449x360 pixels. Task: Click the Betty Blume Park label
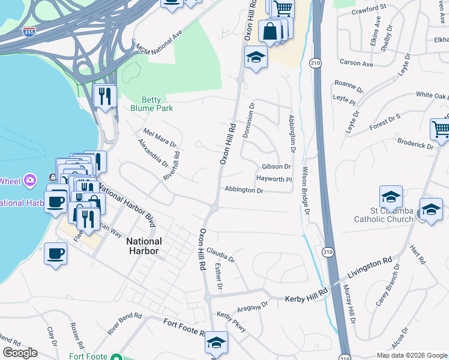pyautogui.click(x=152, y=104)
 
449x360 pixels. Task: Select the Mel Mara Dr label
pyautogui.click(x=159, y=137)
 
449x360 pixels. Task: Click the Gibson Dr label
pyautogui.click(x=276, y=167)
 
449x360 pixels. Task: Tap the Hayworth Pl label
pyautogui.click(x=274, y=179)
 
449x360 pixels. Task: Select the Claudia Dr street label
pyautogui.click(x=220, y=254)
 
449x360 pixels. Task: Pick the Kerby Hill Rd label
pyautogui.click(x=306, y=295)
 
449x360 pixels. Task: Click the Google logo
pyautogui.click(x=19, y=353)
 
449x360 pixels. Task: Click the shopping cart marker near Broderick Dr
pyautogui.click(x=441, y=128)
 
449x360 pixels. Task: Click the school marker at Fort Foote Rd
pyautogui.click(x=216, y=343)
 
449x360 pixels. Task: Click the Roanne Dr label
pyautogui.click(x=349, y=85)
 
